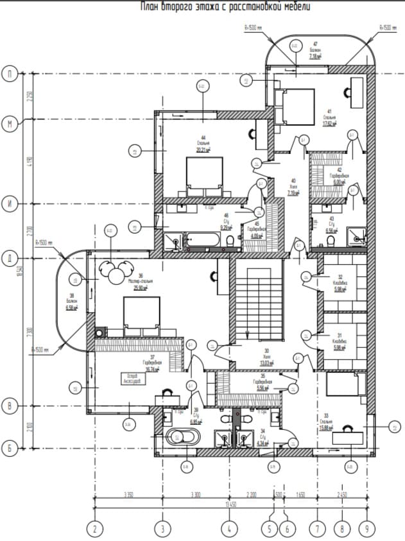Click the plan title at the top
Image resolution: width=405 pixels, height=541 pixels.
click(x=225, y=7)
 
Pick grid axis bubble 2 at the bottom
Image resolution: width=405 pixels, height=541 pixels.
click(x=95, y=530)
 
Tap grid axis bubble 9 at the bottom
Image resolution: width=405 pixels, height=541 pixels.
click(x=368, y=530)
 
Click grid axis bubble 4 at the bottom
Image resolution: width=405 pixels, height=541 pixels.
click(x=228, y=530)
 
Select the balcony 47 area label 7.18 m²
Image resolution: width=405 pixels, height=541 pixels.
click(x=315, y=57)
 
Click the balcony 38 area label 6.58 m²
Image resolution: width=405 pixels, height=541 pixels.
click(x=71, y=307)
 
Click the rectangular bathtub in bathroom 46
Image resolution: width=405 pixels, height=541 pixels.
click(x=202, y=241)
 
